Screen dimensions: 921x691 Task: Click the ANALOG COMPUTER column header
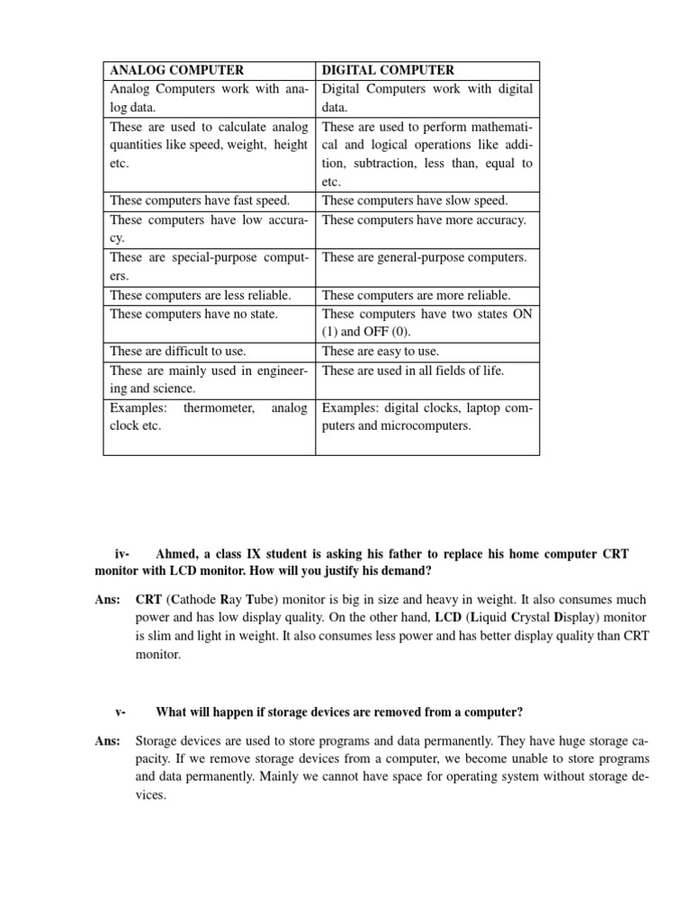click(176, 70)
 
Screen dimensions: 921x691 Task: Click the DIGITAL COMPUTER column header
click(388, 70)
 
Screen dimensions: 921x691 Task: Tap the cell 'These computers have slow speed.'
click(415, 201)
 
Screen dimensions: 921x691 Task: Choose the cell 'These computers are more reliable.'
click(416, 295)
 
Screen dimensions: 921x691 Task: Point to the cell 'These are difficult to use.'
click(178, 352)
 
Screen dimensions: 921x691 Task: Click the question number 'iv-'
click(123, 554)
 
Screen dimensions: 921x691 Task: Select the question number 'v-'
click(121, 712)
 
